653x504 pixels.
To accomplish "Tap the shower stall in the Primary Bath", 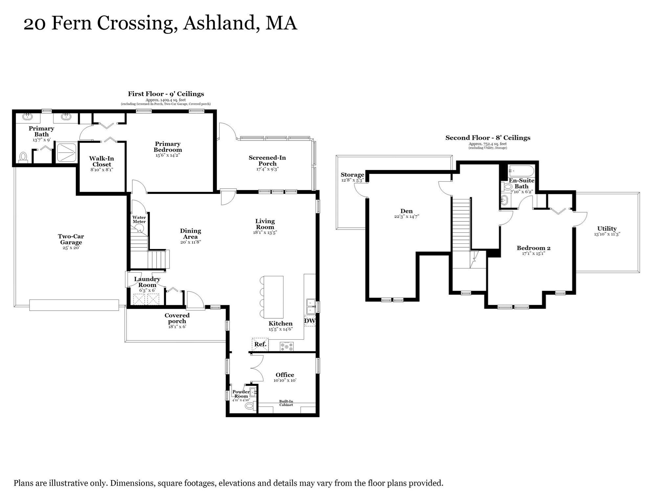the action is click(x=67, y=152).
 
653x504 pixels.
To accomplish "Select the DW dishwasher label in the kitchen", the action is click(x=310, y=321).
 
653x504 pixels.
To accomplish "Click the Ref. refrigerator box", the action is click(x=260, y=344).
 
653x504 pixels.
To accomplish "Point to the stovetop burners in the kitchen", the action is click(x=287, y=346).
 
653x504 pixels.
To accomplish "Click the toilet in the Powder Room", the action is click(x=250, y=406).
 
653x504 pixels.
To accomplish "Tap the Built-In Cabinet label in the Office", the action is click(x=286, y=403).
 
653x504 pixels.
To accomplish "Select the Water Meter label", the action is click(x=139, y=220).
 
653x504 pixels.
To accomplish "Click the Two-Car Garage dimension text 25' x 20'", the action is click(x=71, y=248).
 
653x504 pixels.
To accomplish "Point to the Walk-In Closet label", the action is click(x=101, y=161).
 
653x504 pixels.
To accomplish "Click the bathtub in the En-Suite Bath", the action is click(x=521, y=171).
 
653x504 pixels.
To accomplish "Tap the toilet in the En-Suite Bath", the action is click(x=508, y=187).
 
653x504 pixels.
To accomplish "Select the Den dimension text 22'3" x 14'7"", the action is click(x=407, y=217).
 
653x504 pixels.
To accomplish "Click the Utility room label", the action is click(x=607, y=228).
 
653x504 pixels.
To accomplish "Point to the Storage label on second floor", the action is click(x=352, y=175).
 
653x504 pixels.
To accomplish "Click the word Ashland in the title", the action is click(x=219, y=23).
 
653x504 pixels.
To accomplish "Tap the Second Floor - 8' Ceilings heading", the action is click(x=488, y=138).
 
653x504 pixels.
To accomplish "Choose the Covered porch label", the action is click(x=177, y=318).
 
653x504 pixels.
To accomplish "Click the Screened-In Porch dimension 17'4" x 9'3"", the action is click(x=267, y=169).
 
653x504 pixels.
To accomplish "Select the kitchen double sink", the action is click(x=311, y=306).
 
